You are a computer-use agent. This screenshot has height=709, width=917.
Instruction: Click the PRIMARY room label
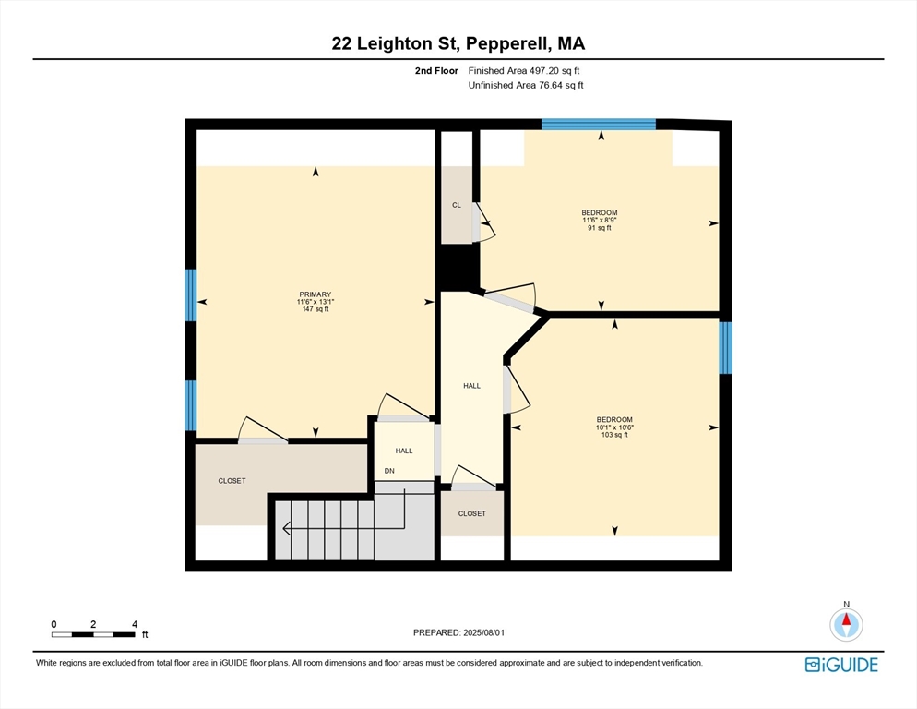[x=316, y=294]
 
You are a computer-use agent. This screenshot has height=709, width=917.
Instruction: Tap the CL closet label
[x=457, y=205]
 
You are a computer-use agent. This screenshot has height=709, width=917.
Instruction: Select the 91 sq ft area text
[x=600, y=228]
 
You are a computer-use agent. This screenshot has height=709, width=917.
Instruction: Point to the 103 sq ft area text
[x=614, y=435]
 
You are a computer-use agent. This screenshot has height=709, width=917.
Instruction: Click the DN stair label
[x=389, y=471]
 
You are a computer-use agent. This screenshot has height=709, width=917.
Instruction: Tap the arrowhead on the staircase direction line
[x=286, y=529]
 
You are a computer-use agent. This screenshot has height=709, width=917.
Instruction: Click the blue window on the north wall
[x=599, y=124]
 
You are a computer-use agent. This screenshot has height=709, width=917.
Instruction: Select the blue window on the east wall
[x=725, y=348]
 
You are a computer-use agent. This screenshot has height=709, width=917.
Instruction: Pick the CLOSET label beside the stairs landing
[x=472, y=513]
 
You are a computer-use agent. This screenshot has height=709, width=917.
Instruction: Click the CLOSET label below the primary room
[x=232, y=481]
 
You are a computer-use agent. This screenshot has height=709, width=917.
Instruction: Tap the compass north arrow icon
[x=846, y=624]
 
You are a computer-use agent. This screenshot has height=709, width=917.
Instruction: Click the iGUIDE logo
[x=841, y=665]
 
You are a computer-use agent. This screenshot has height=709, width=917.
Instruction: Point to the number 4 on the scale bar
[x=135, y=624]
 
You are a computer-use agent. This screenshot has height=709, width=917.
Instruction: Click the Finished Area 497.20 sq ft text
[x=524, y=71]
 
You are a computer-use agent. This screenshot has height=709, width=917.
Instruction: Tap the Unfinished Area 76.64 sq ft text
[x=526, y=86]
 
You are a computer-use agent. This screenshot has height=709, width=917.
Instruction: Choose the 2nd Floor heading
[x=437, y=71]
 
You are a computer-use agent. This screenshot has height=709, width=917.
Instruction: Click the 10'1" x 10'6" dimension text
[x=614, y=427]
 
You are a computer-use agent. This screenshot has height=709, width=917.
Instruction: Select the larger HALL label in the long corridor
[x=472, y=386]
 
